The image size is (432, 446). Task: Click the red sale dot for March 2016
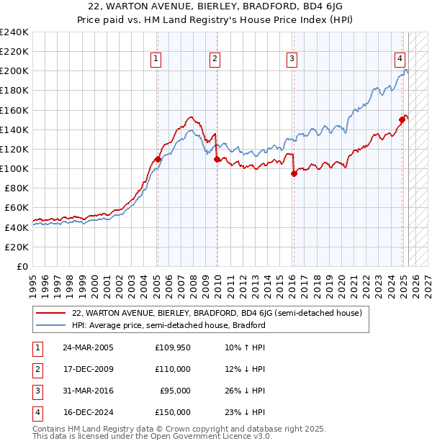coord(294,173)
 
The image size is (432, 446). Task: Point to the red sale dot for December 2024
coord(402,119)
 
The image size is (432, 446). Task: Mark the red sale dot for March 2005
coord(158,159)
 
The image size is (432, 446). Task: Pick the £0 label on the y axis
coord(22,266)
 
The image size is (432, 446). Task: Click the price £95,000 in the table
coord(176,391)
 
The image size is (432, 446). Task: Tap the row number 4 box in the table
coord(36,413)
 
